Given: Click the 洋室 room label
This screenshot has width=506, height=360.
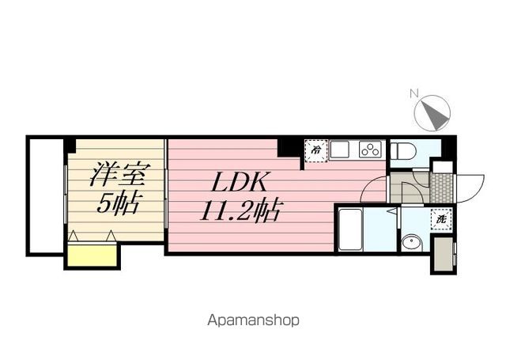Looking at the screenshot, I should pos(116,172).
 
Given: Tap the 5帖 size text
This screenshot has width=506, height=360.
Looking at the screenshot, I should pos(117,203).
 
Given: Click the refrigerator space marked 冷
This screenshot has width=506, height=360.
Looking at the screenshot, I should pos(315,149).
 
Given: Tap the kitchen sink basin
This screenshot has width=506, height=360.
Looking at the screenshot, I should pos(341,148).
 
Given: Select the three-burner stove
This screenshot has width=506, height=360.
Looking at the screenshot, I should pos(370,148).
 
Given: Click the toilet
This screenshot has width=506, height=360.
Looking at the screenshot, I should pos(403,150).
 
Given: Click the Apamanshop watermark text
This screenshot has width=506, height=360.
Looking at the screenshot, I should pos(253,320).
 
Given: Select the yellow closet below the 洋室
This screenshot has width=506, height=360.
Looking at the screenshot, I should pos(91,255).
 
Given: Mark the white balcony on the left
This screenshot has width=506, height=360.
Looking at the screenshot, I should pos(45,195).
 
